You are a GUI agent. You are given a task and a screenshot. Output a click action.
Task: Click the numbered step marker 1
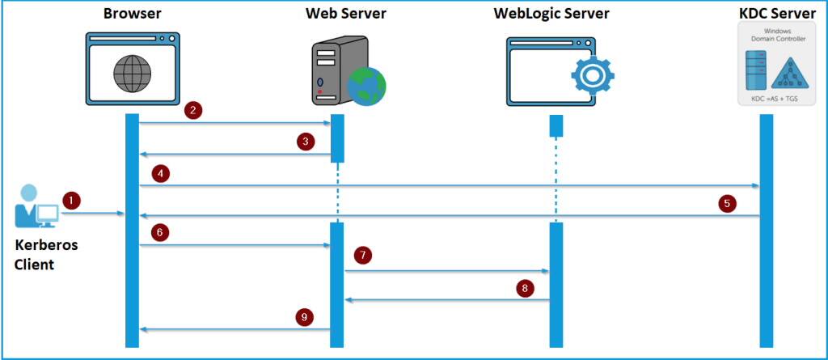point(73,199)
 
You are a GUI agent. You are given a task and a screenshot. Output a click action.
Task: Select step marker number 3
point(305,142)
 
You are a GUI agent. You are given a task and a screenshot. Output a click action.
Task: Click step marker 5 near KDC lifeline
point(728,203)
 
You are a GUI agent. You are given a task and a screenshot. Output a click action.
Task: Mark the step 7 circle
point(363,256)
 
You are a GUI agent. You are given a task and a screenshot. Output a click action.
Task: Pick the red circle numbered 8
point(526,287)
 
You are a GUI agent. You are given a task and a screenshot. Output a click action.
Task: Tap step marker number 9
point(305,317)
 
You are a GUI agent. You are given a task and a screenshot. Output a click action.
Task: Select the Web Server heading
point(345,13)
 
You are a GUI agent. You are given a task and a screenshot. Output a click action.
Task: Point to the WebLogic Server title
point(551,13)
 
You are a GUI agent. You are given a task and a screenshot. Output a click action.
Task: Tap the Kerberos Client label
point(47,254)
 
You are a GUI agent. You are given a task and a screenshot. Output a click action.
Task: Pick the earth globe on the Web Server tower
point(365,84)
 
